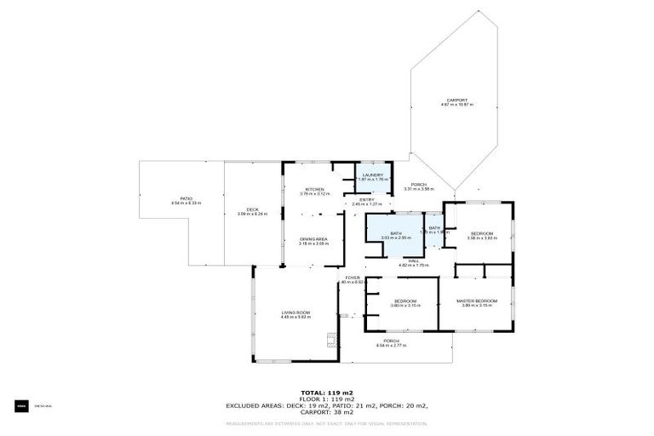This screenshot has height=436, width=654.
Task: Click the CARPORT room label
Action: click(456, 101)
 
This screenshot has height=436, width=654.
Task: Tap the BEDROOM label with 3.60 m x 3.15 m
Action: click(404, 302)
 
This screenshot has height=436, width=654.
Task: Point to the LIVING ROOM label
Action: click(295, 314)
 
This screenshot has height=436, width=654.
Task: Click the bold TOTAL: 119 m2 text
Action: click(326, 393)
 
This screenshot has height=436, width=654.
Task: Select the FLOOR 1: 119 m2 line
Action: click(326, 399)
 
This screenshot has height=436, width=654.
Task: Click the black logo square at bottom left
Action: click(20, 406)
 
